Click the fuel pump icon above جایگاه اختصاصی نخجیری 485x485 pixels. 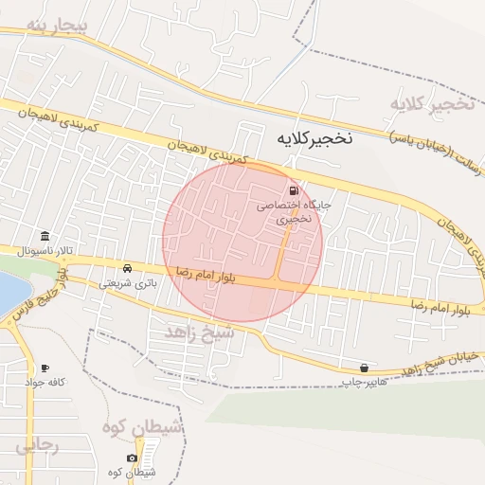(x=290, y=190)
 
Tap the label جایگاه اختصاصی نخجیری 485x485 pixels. (x=289, y=210)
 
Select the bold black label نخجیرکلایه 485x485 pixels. (x=313, y=137)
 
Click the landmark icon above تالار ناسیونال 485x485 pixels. (x=45, y=237)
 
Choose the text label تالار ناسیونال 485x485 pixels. (x=44, y=252)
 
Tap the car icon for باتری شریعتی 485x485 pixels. (x=128, y=268)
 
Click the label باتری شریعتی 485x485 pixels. (x=128, y=282)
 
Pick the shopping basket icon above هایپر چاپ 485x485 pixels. (x=364, y=368)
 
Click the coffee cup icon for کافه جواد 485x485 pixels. (x=45, y=368)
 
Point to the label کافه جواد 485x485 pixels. (x=45, y=382)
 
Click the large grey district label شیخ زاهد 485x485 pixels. (x=198, y=332)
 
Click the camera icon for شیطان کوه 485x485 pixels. (x=132, y=458)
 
